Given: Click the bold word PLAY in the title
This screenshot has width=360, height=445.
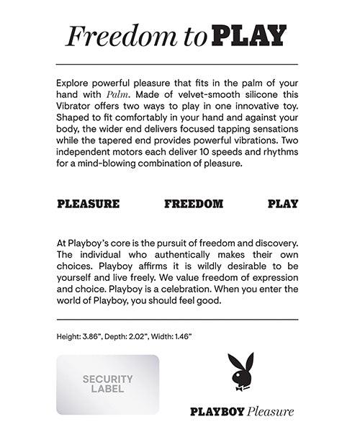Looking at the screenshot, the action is click(x=251, y=35).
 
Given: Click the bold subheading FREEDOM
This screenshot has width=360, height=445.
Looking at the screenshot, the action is click(x=193, y=204).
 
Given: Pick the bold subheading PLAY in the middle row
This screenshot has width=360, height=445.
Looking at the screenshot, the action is click(x=283, y=204).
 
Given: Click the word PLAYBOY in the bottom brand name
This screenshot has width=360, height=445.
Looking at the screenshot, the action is click(x=216, y=412).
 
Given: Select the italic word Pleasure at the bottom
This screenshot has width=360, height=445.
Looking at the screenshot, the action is click(x=270, y=412).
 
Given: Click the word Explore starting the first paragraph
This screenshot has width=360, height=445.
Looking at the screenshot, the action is click(x=74, y=94).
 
